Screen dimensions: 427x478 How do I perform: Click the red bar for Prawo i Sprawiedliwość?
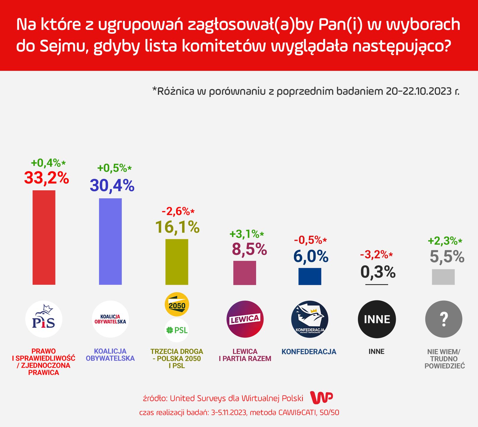[44, 237]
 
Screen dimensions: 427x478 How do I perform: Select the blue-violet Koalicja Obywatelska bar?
[110, 241]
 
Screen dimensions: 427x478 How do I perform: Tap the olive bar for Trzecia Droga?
[177, 262]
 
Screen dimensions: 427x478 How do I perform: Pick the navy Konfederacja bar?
[310, 276]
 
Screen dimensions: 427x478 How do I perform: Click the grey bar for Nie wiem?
[443, 277]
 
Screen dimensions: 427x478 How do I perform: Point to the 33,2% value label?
[47, 178]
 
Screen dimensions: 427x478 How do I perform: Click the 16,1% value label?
[177, 227]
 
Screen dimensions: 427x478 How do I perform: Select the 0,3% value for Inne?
[378, 272]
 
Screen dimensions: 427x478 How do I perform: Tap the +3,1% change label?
[246, 234]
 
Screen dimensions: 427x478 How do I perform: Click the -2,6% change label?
[178, 211]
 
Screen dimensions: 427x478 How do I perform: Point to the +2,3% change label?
[445, 241]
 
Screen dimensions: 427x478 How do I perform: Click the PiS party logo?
[44, 319]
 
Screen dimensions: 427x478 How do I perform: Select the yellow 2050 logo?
[177, 305]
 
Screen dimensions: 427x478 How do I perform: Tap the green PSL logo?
[177, 330]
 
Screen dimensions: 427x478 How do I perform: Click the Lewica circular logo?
[245, 319]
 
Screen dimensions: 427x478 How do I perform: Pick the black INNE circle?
[377, 319]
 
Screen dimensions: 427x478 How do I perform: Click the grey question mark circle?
[444, 319]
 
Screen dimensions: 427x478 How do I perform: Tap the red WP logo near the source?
[321, 398]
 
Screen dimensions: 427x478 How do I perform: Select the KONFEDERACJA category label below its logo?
[309, 352]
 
